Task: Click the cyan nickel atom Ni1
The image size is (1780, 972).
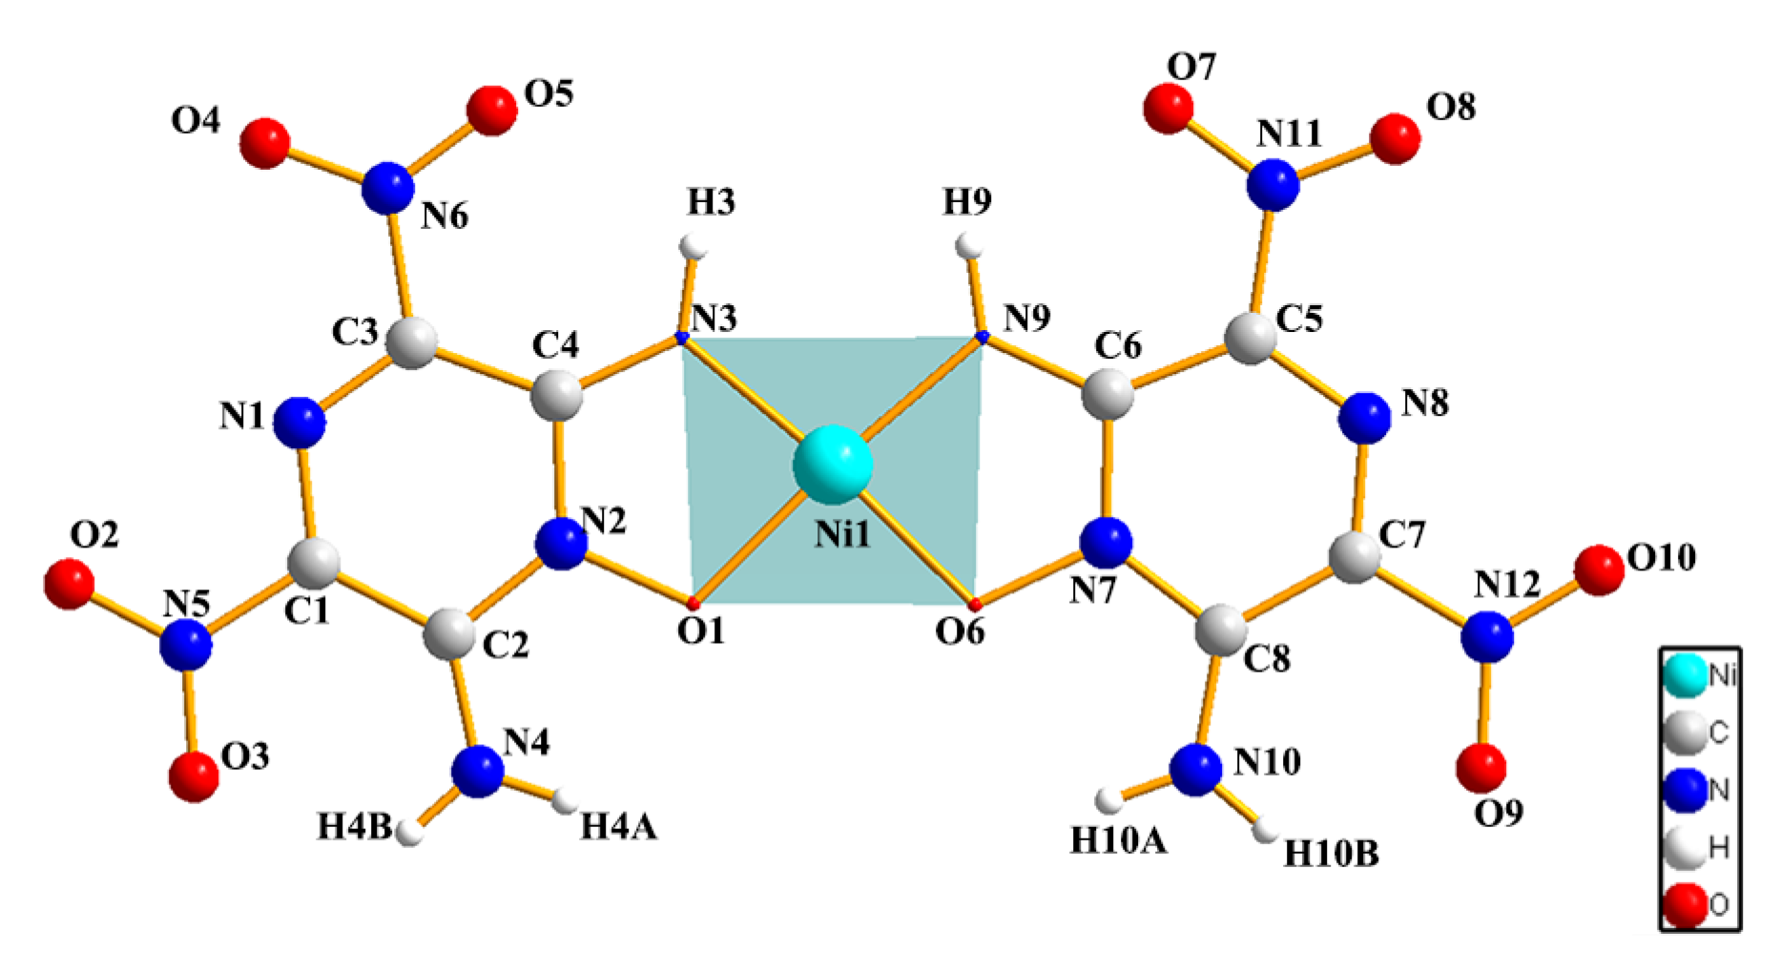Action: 833,465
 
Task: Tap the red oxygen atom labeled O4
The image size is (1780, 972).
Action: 264,143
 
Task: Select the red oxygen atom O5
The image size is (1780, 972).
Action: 492,111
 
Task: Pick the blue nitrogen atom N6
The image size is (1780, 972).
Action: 388,188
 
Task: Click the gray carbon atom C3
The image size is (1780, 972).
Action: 412,342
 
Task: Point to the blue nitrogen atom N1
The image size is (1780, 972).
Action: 300,422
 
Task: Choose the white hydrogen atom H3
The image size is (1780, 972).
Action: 693,247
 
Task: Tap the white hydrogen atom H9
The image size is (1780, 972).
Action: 970,246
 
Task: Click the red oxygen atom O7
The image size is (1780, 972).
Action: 1169,108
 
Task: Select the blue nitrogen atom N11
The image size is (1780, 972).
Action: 1273,184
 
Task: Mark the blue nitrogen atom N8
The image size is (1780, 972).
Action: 1364,418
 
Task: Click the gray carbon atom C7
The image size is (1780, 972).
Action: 1355,558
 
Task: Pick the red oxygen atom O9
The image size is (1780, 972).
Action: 1481,766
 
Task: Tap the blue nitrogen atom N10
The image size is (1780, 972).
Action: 1195,770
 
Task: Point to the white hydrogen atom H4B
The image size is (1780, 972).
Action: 410,833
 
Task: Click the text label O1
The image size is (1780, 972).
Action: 701,631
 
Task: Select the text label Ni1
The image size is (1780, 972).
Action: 842,534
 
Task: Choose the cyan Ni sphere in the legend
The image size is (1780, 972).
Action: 1685,674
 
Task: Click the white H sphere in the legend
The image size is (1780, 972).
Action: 1685,847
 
